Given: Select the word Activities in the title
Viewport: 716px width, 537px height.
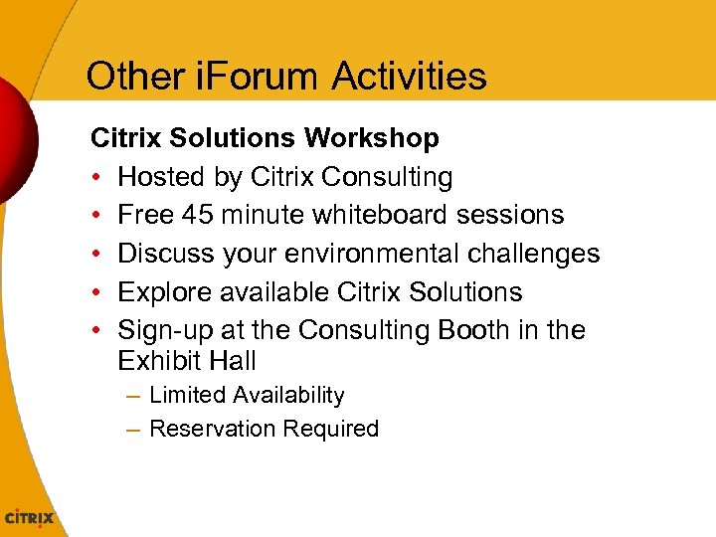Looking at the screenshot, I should click(x=410, y=76).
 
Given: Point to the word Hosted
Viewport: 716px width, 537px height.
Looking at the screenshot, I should click(x=158, y=177).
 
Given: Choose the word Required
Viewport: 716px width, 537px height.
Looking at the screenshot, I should click(x=331, y=430).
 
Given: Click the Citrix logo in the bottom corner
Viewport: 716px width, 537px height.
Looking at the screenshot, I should click(x=31, y=518).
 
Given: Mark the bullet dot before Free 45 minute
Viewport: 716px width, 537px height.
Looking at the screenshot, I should click(x=96, y=216).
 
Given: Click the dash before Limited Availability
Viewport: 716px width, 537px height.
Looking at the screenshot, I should click(x=133, y=396).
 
